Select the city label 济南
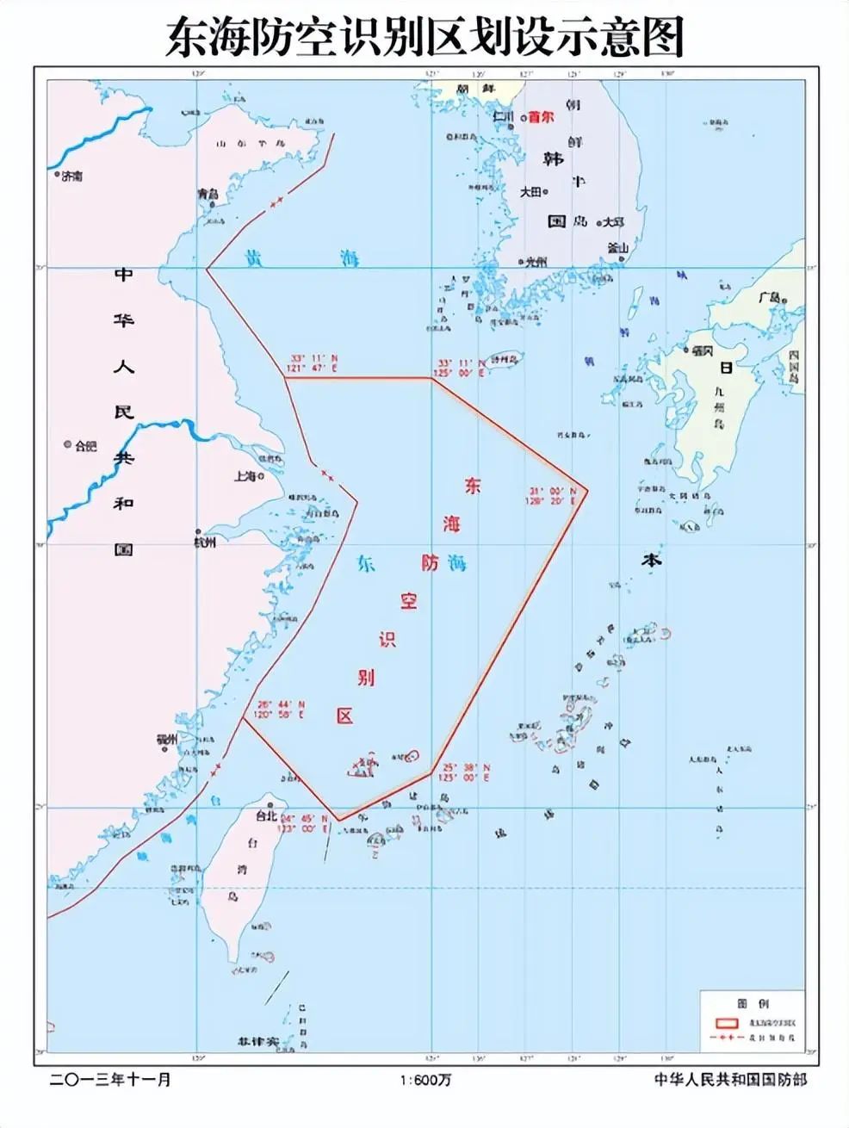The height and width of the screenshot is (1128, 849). coord(72,176)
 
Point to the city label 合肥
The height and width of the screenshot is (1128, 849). coord(86,446)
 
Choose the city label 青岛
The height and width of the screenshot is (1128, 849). coord(208,195)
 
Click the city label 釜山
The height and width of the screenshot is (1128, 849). coord(618,248)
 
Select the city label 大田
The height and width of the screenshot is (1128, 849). coord(530,193)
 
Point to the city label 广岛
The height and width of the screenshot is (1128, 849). coord(769,298)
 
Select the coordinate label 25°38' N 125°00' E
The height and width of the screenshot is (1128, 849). coord(465,772)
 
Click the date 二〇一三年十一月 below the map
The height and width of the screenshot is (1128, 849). coord(111,1080)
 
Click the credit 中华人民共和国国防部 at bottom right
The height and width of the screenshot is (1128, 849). coord(730,1080)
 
